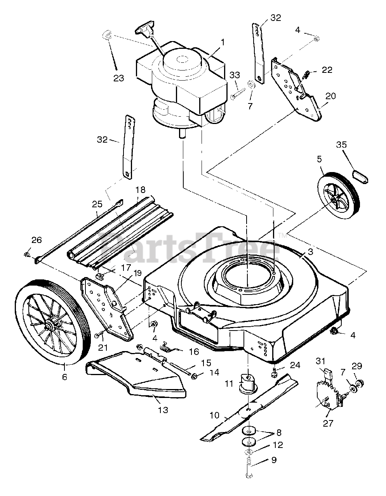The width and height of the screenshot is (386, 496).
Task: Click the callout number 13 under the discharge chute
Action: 163,410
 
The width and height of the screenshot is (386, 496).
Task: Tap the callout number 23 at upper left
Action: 119,78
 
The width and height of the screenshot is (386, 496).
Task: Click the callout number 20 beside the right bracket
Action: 330,96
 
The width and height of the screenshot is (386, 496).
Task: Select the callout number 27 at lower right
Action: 328,423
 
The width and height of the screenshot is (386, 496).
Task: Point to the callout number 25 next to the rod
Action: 96,204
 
